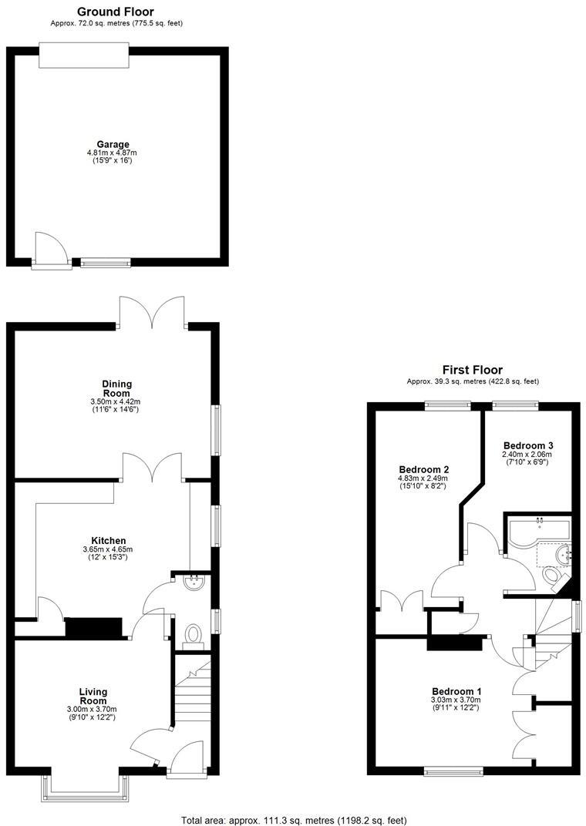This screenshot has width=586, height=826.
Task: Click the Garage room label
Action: coord(113,144)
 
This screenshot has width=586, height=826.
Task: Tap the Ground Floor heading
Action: coord(116,12)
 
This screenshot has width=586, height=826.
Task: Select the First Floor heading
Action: coord(473,369)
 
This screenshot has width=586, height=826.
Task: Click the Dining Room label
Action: coord(116,388)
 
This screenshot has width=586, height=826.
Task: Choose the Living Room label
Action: coord(93,696)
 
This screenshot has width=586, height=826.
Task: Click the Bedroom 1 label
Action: coord(456,690)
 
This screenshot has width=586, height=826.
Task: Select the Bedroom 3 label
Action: coord(527,445)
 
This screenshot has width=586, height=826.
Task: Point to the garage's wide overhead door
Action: coord(84,57)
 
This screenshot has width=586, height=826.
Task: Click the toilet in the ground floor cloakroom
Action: coord(192,634)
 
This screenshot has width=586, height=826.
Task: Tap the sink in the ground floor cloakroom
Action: coord(194,583)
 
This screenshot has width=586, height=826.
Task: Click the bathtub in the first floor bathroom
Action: coord(537,531)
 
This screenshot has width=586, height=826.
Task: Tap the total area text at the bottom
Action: coord(293,819)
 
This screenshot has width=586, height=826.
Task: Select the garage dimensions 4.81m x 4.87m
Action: coord(113,153)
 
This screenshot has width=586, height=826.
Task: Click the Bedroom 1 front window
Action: coord(453,769)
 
